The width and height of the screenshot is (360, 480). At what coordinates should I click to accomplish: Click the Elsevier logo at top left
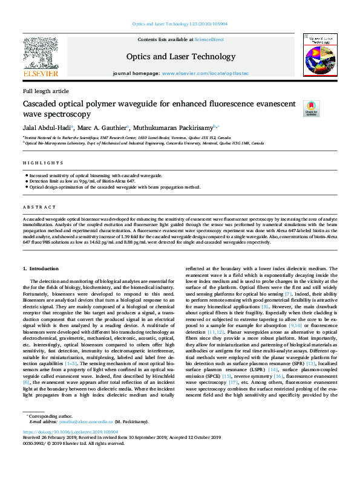41,57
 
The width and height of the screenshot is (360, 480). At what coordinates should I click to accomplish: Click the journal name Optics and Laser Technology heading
180,57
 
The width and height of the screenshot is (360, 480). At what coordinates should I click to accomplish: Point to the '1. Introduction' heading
42,268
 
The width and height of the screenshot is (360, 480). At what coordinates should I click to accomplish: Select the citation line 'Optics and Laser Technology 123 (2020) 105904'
180,24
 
